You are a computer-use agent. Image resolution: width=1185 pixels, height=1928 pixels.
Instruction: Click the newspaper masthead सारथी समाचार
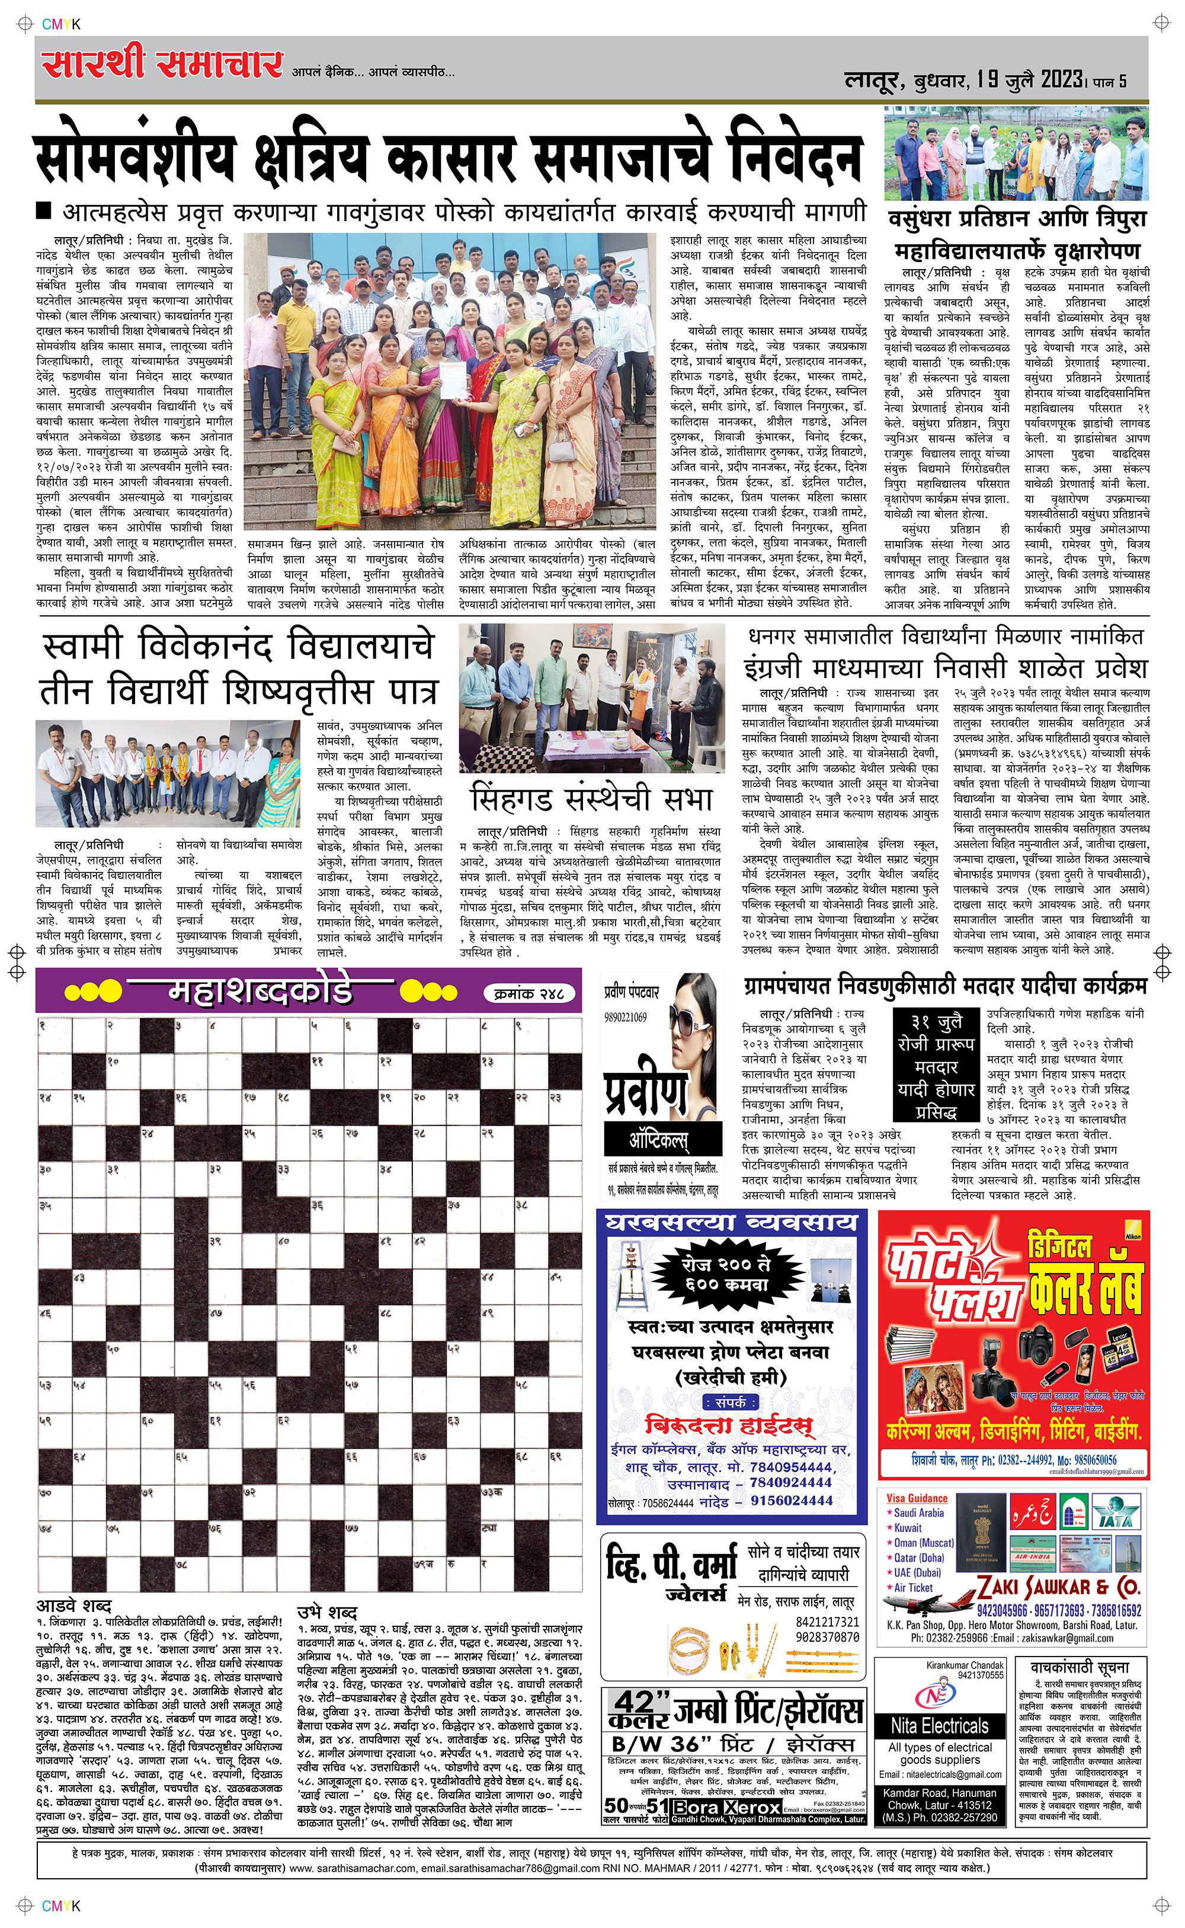161,64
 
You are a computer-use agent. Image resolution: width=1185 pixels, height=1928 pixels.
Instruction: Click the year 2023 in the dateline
1061,80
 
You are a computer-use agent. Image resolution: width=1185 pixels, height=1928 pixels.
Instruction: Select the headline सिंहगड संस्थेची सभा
592,800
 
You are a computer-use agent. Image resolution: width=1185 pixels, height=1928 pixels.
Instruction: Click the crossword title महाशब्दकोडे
260,992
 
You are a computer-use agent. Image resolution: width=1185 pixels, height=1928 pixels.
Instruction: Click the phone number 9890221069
626,1017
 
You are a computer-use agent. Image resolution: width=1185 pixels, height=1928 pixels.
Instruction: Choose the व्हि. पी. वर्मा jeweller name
672,1564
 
